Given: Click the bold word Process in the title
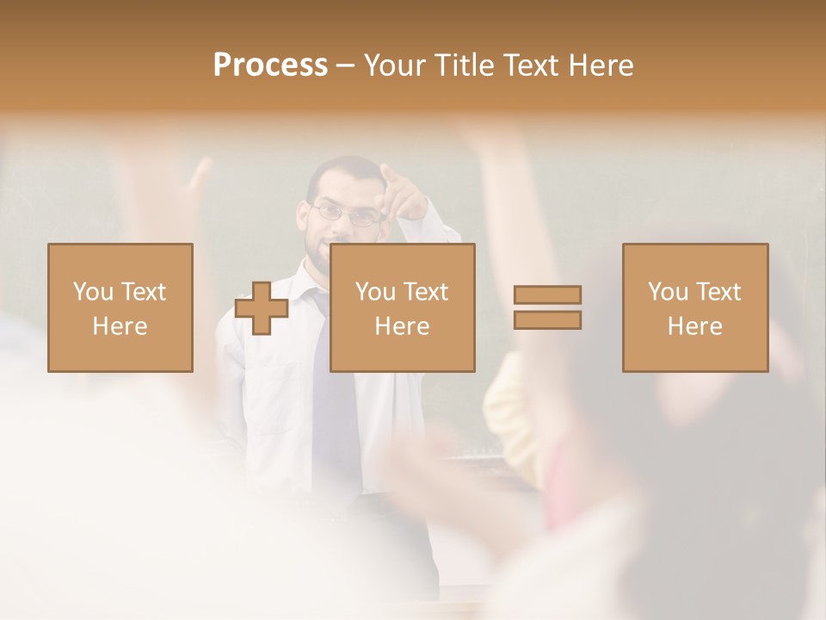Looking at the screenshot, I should click(x=270, y=65).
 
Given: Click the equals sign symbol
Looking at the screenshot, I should click(x=547, y=307).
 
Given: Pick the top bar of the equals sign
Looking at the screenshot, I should click(x=547, y=295).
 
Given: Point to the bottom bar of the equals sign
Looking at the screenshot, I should click(x=547, y=319).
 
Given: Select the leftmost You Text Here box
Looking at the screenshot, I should click(x=120, y=307).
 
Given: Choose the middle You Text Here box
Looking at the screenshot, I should click(x=402, y=307).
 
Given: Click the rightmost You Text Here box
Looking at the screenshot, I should click(x=694, y=307).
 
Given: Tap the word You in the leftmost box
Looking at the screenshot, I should click(x=91, y=292).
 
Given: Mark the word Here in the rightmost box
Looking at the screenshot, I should click(x=694, y=326).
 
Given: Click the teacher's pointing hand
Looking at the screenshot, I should click(x=403, y=197).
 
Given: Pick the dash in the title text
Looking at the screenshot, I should click(x=345, y=65).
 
